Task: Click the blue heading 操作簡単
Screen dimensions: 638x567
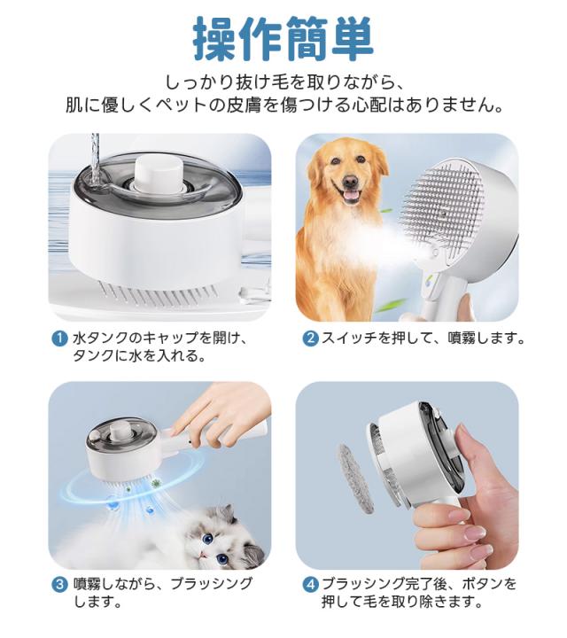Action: (283, 37)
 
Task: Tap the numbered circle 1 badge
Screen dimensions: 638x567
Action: (59, 338)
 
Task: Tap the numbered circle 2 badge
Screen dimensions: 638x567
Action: (311, 338)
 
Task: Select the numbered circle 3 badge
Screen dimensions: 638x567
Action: (59, 584)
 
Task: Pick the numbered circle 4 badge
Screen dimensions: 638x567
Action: (311, 584)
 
